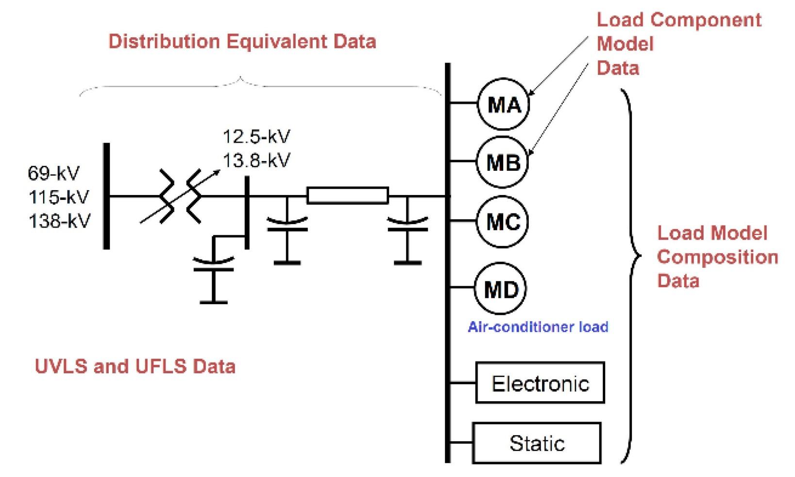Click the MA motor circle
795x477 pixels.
point(504,105)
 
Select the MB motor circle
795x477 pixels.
point(503,163)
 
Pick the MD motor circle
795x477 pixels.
point(501,290)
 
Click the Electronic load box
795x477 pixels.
point(540,383)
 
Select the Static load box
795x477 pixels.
point(537,443)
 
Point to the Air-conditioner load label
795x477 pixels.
point(538,327)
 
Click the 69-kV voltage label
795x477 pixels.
point(53,173)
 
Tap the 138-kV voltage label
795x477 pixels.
point(59,221)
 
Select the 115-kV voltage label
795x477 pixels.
point(59,197)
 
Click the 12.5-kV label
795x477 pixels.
point(256,136)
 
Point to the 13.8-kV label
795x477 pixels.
point(256,160)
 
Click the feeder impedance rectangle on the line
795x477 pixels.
point(348,196)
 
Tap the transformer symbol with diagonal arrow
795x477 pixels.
point(180,196)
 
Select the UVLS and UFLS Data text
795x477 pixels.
point(135,366)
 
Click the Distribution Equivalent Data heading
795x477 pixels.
point(242,41)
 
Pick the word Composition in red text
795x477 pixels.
point(717,257)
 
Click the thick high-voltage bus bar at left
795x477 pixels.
point(106,196)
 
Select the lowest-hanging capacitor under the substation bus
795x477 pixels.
point(213,277)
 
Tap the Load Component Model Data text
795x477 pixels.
point(678,44)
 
